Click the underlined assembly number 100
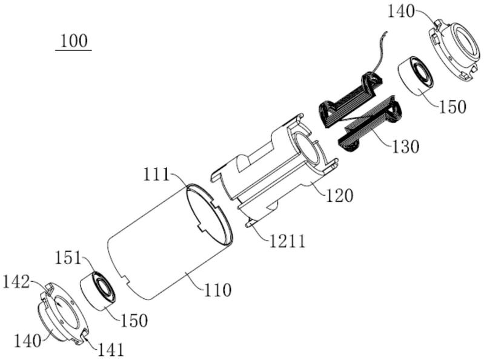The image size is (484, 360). pos(74,41)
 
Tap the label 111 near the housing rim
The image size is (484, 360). pos(156,175)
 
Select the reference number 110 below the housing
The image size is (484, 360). pos(217,290)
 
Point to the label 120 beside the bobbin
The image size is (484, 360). pos(340,196)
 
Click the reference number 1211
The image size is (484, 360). pos(287,241)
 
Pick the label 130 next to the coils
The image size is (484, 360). pos(406,146)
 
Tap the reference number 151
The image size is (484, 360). pos(68,258)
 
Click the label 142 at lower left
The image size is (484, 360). pos(16,282)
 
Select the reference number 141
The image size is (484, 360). pos(111,350)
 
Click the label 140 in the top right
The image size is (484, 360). pos(401,12)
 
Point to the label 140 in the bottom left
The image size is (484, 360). pos(27,341)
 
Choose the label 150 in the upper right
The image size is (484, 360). pos(453,107)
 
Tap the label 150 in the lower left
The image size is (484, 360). pos(134,321)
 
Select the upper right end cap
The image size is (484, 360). pos(454,50)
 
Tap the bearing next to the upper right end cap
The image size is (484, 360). pos(416,76)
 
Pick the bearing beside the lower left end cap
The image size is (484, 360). pos(98,290)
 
